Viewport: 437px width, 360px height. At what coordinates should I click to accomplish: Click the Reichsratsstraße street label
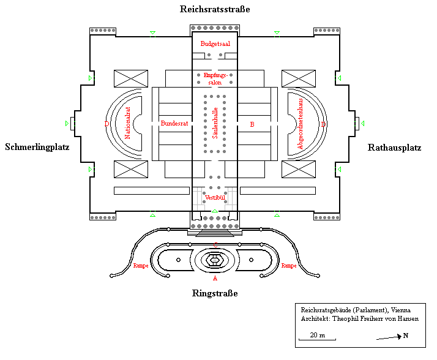(215, 9)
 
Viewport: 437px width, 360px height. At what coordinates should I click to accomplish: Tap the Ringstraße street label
(215, 293)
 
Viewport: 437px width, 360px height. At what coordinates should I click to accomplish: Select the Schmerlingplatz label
(37, 147)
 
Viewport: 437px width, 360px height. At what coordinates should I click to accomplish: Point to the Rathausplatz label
(394, 147)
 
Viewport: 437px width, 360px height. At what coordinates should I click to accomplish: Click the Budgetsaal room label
(215, 44)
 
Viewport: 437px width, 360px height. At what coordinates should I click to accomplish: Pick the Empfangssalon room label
(215, 78)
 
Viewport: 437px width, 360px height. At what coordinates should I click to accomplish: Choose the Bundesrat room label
(174, 124)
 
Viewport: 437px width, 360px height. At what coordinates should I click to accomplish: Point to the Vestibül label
(214, 197)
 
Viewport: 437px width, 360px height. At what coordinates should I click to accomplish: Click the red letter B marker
(252, 124)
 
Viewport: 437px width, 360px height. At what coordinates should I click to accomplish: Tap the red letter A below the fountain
(215, 277)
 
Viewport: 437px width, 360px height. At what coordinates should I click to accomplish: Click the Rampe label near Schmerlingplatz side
(141, 266)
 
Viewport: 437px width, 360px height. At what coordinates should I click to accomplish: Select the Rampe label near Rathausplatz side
(289, 266)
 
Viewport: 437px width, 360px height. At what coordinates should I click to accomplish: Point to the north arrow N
(405, 336)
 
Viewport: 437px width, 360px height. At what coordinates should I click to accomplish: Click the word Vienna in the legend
(400, 310)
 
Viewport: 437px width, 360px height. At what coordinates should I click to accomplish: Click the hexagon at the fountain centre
(215, 260)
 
